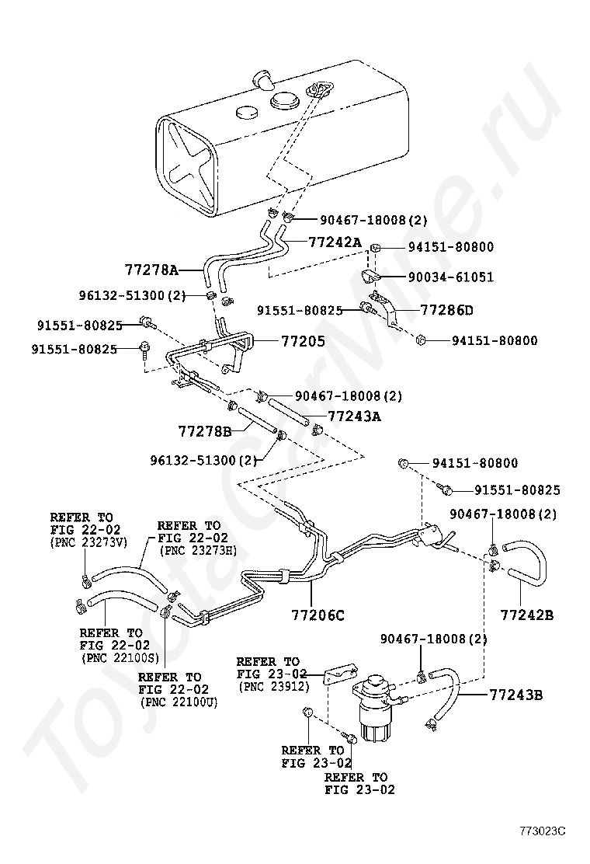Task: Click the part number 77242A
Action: point(335,242)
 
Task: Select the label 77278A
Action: point(151,270)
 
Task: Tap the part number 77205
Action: point(303,340)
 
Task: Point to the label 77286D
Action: point(446,310)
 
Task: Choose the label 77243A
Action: point(354,416)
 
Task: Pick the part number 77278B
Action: point(205,430)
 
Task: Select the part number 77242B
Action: point(526,615)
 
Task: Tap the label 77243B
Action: point(516,694)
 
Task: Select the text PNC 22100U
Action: point(179,702)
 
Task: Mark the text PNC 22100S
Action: point(120,657)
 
